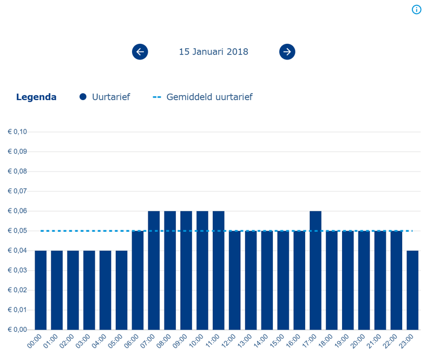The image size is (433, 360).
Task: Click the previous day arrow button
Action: pos(140,52)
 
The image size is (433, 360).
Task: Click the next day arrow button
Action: pos(287,52)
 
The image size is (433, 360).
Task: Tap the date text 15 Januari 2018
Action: pos(214,52)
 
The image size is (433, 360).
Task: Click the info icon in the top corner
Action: pos(416,10)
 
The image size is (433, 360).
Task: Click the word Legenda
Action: pos(36,97)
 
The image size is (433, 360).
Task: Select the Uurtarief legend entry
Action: pos(105,97)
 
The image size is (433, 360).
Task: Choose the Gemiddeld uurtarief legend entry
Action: pos(203,97)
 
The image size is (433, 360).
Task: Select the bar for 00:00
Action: pos(41,290)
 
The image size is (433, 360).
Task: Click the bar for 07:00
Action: pos(154,271)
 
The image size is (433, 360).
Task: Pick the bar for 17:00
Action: pos(316,271)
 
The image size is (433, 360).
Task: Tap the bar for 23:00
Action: pos(412,290)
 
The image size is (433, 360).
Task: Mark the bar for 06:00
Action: pos(137,280)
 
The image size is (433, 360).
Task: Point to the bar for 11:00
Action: pos(219,271)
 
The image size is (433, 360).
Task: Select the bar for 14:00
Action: pos(267,280)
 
